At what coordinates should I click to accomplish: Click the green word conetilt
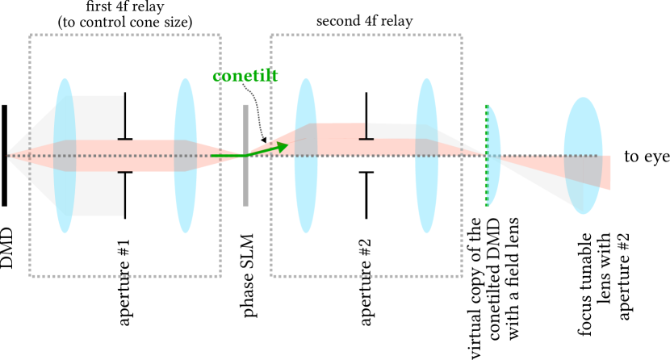tap(245, 77)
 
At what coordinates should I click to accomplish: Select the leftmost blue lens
tap(65, 155)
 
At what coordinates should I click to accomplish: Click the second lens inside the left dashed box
tap(186, 155)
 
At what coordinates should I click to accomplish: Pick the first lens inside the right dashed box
tap(306, 155)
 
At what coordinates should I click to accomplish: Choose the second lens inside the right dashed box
tap(426, 155)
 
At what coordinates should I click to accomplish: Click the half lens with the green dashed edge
tap(493, 155)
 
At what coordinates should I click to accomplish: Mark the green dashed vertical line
tap(486, 186)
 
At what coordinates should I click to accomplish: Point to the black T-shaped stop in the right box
tap(366, 133)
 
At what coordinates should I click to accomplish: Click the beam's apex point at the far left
tap(8, 155)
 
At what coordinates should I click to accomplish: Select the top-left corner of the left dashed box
tap(31, 36)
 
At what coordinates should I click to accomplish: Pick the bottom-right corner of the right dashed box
tap(461, 275)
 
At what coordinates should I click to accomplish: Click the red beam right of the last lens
tap(606, 172)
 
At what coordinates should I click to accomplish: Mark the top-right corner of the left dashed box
tap(220, 36)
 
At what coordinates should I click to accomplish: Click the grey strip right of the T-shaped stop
tap(396, 131)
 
